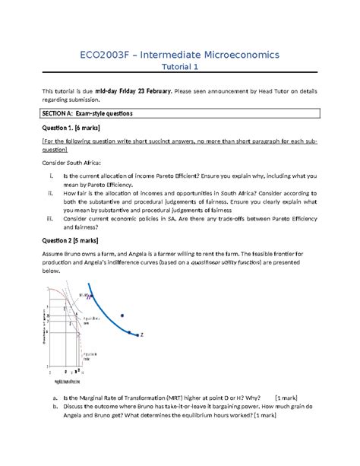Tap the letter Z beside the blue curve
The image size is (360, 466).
(x=142, y=334)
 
